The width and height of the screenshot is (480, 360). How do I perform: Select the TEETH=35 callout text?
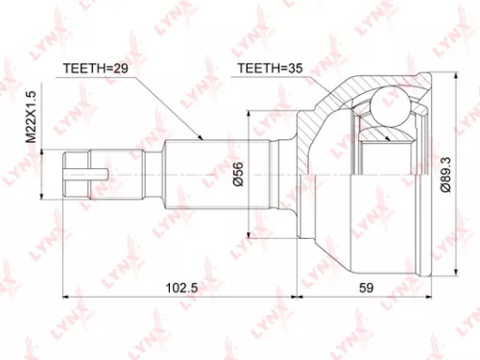tap(270, 69)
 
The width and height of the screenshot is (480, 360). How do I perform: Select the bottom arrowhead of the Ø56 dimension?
tap(252, 233)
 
